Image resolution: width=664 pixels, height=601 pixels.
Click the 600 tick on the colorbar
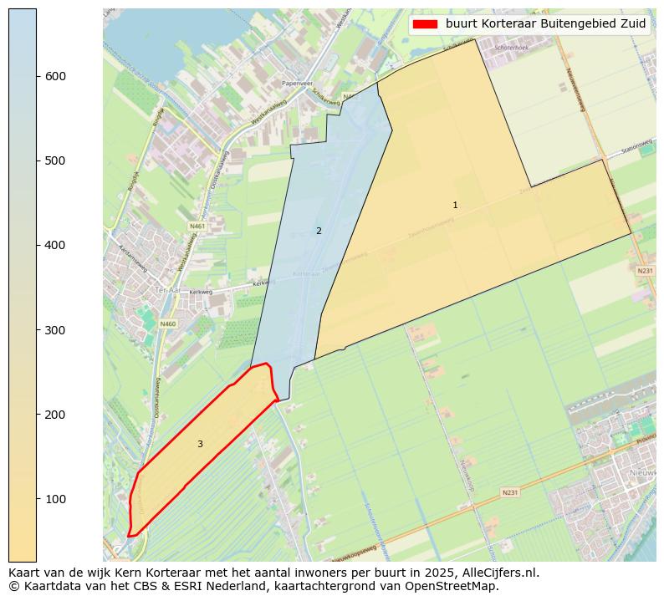(37, 76)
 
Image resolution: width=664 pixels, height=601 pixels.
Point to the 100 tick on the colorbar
(37, 499)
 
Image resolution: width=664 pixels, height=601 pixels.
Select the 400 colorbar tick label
(55, 245)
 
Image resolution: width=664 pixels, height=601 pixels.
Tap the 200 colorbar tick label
(55, 415)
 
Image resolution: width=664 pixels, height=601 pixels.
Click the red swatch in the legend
(425, 24)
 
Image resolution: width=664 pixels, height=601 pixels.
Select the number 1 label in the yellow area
(455, 205)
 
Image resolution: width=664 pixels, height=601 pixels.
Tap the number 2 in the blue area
(319, 231)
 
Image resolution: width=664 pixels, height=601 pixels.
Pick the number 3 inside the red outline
(200, 444)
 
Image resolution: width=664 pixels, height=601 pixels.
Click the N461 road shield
(197, 226)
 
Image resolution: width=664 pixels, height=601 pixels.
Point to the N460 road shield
(168, 323)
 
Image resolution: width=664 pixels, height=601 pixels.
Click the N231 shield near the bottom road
(509, 492)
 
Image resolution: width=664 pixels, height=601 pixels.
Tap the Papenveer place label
(296, 84)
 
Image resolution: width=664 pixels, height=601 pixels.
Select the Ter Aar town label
(168, 290)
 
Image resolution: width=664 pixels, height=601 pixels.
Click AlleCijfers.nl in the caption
(500, 573)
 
